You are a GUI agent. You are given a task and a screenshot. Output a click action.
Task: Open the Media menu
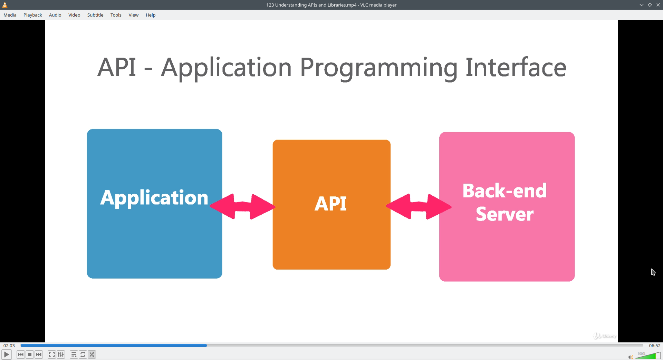click(x=10, y=15)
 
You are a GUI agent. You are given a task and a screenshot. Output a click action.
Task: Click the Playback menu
click(x=33, y=15)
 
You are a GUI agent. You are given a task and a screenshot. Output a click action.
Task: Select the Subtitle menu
click(x=95, y=15)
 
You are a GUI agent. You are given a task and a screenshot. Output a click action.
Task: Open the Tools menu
click(x=116, y=15)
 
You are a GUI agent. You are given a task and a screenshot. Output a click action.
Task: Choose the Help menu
click(x=151, y=15)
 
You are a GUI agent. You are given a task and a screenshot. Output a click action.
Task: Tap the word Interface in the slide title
click(x=516, y=67)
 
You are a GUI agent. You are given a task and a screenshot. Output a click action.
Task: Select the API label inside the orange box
click(x=330, y=203)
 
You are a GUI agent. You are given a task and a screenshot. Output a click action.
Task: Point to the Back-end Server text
click(x=505, y=202)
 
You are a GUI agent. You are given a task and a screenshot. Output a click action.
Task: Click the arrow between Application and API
click(x=242, y=206)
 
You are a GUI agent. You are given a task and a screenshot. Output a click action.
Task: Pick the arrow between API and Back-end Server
click(x=419, y=206)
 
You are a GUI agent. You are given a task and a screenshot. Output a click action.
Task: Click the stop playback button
click(x=30, y=354)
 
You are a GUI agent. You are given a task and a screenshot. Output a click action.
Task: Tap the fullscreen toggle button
click(x=51, y=354)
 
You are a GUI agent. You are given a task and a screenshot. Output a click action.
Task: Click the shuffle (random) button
click(x=92, y=354)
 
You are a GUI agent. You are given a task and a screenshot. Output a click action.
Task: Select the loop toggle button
click(x=83, y=354)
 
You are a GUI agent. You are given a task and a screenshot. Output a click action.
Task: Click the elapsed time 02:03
click(x=9, y=346)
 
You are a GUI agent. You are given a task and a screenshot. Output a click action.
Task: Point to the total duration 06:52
click(x=655, y=346)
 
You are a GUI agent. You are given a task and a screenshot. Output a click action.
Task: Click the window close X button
click(x=658, y=5)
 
